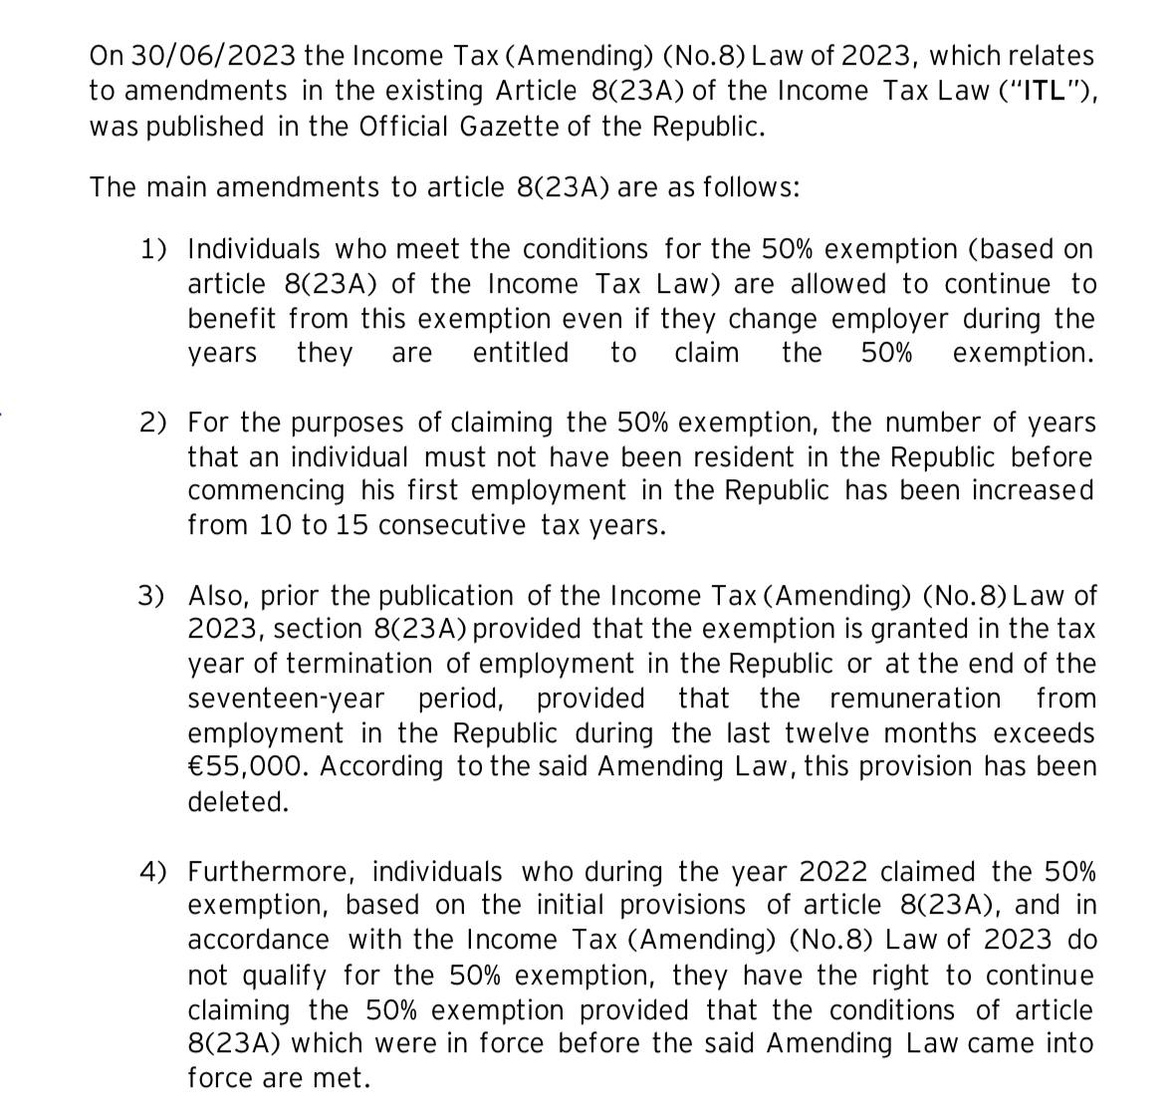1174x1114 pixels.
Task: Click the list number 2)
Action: pyautogui.click(x=153, y=422)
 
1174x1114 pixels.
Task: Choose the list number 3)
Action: pyautogui.click(x=152, y=596)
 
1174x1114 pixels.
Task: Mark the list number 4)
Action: pyautogui.click(x=153, y=872)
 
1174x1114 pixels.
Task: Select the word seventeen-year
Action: pyautogui.click(x=286, y=698)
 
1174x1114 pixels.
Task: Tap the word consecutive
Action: pyautogui.click(x=452, y=526)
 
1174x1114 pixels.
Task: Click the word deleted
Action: pyautogui.click(x=238, y=802)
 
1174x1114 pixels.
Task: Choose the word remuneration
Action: pyautogui.click(x=914, y=698)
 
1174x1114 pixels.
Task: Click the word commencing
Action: pyautogui.click(x=266, y=491)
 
